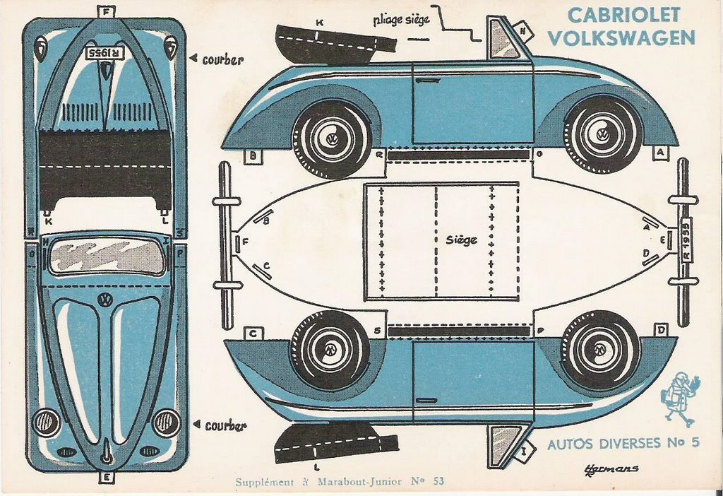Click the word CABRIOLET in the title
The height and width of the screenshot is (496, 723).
[x=623, y=15]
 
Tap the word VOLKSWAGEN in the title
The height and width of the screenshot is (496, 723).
[x=621, y=37]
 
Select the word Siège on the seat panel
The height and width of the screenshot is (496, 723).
[x=461, y=240]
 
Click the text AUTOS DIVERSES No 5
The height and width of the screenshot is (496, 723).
[x=623, y=444]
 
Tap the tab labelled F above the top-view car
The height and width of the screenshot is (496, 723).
[x=107, y=11]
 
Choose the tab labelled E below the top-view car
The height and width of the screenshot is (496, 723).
[x=107, y=478]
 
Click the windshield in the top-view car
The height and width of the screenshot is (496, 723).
[x=107, y=256]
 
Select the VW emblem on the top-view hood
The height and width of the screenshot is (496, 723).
[x=106, y=300]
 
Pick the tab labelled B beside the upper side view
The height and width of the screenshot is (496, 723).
[x=252, y=156]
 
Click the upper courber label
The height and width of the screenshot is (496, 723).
[x=222, y=60]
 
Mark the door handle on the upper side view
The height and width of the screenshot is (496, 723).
[x=428, y=81]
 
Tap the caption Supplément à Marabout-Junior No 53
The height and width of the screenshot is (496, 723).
[x=340, y=482]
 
